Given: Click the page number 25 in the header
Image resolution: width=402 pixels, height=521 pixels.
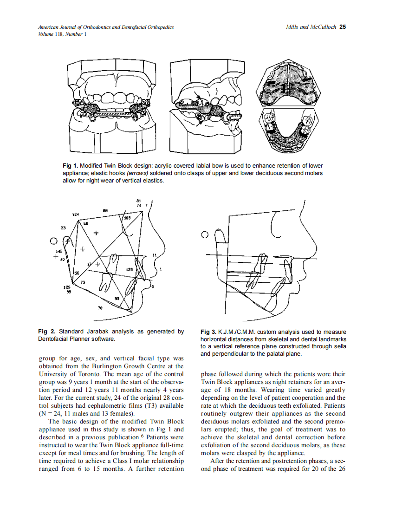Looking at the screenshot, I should (343, 27).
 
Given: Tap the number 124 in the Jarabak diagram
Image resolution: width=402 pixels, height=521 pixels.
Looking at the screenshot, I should (75, 215).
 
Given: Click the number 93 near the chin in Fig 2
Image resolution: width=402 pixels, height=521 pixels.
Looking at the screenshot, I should (117, 298).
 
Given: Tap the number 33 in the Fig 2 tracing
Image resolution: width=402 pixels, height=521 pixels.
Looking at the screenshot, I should (63, 228).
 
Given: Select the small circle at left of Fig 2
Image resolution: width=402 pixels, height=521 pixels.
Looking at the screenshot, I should (54, 241).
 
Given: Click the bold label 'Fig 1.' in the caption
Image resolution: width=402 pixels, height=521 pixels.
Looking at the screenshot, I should (70, 166).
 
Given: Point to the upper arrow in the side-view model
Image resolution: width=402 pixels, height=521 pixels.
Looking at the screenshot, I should (198, 97).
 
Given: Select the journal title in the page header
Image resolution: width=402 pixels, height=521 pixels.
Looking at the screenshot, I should (106, 27).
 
